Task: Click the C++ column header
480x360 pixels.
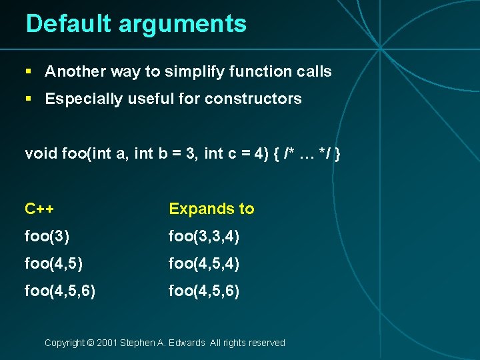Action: [39, 209]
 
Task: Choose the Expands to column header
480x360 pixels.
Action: [211, 209]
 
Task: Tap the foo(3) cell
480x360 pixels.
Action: [47, 236]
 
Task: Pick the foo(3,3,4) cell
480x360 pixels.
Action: [204, 236]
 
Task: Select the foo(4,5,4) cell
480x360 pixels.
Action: [204, 263]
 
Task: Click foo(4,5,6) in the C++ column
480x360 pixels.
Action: [60, 291]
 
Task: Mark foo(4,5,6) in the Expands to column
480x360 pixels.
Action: [204, 291]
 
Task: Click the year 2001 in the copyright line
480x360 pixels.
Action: [107, 343]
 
